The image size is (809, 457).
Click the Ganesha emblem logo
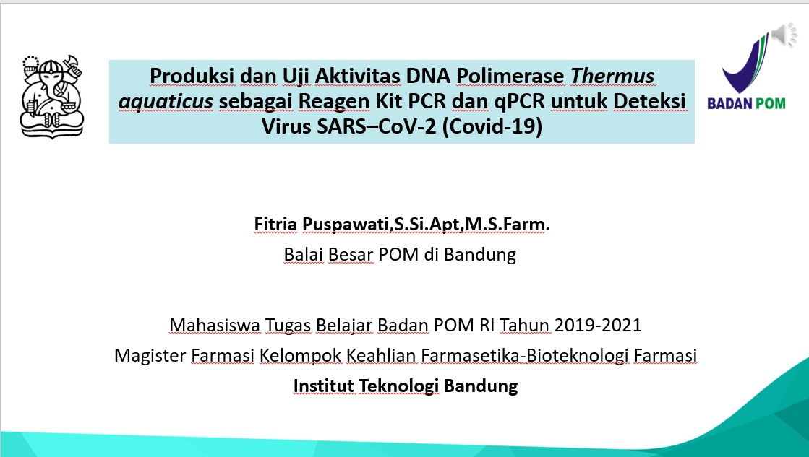tap(51, 96)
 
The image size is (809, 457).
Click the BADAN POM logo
tap(746, 71)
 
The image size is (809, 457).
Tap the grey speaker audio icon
tap(784, 35)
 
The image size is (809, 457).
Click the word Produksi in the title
tap(192, 77)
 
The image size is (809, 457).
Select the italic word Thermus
tap(612, 77)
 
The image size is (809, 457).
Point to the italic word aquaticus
tap(166, 102)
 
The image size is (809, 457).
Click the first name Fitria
tap(275, 224)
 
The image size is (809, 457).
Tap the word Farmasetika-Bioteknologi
tap(525, 355)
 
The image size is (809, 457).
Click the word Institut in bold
tap(323, 386)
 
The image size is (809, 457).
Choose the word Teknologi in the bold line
tap(399, 386)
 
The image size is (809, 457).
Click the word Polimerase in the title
tap(510, 77)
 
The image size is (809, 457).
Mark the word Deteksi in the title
tap(649, 102)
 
